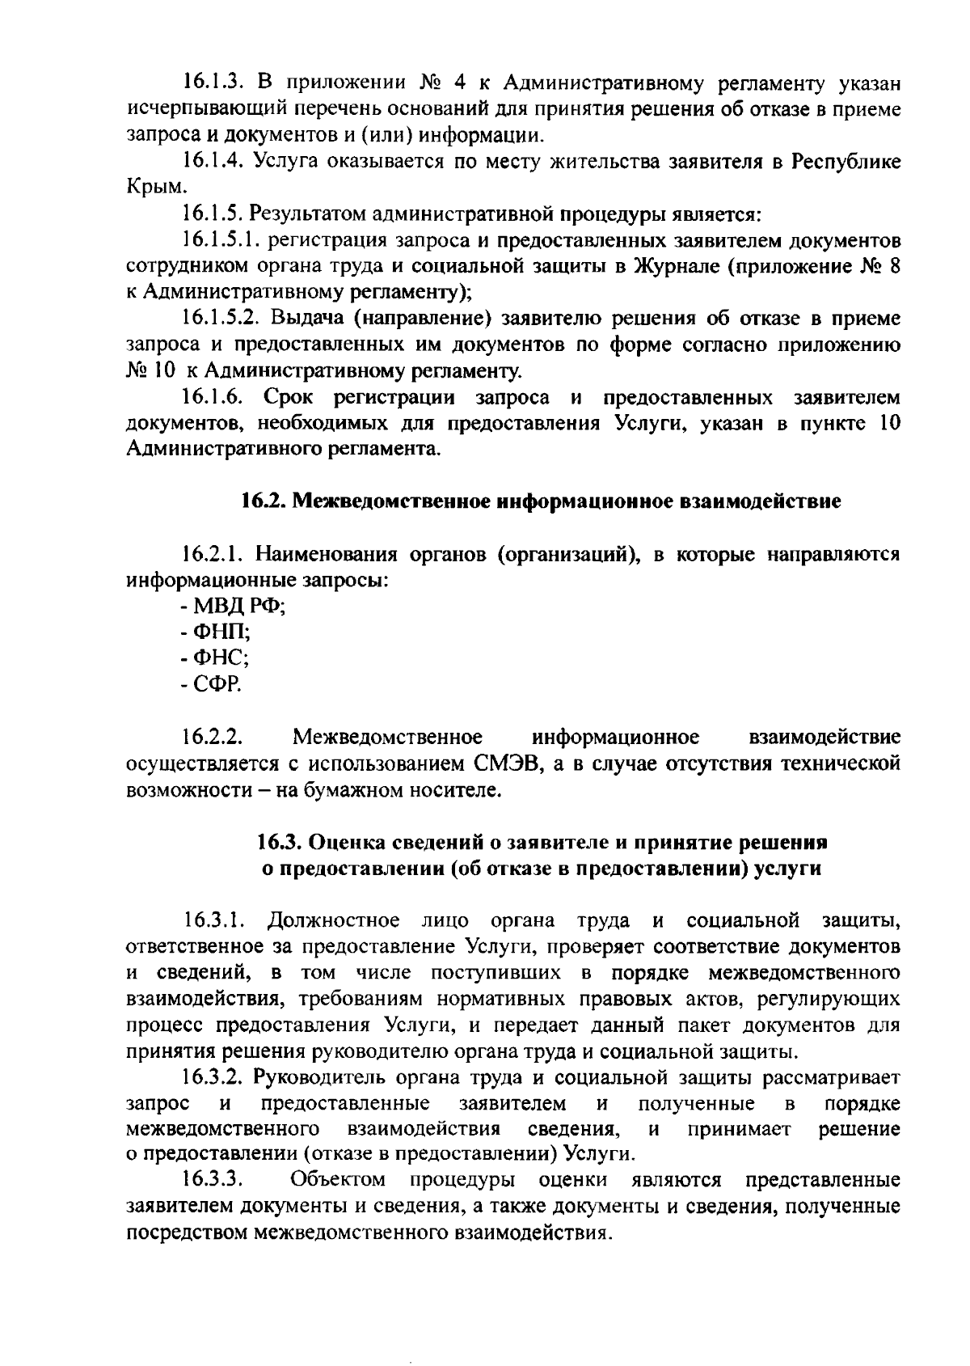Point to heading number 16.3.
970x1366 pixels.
[x=280, y=843]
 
